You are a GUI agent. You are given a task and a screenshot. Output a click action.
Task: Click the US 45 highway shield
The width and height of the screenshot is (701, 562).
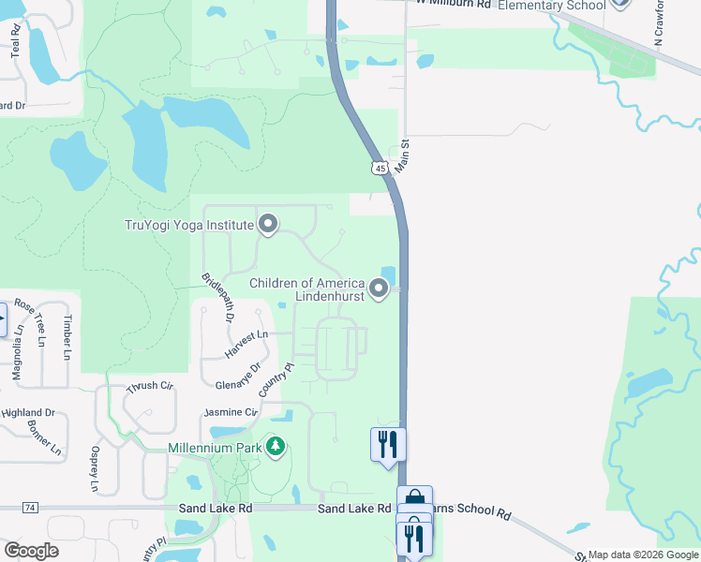pos(379,168)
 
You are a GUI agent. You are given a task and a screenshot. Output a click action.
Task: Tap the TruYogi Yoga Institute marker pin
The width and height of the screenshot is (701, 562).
pos(269,224)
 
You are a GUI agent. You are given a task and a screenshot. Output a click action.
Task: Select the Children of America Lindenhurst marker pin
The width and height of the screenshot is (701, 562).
pos(379,289)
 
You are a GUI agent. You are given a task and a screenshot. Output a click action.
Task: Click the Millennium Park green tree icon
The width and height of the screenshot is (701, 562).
pos(276,448)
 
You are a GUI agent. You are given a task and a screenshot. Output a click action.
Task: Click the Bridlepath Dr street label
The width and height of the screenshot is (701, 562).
pos(216,298)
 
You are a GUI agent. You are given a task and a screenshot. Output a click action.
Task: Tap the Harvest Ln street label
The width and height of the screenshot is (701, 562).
pos(246,344)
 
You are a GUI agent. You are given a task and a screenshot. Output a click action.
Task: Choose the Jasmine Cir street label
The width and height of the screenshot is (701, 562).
pos(231,412)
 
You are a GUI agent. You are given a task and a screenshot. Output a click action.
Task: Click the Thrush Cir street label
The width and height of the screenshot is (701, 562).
pos(151,386)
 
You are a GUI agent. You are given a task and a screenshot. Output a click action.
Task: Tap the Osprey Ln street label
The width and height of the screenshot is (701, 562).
pos(95,467)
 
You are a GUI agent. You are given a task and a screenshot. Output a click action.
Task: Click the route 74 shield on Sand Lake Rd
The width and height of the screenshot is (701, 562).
pos(31,508)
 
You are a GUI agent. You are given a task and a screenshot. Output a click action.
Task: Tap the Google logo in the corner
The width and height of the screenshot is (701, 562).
pos(31,550)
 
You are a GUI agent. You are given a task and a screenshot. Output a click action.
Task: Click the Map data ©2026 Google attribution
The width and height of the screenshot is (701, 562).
pos(643,555)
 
